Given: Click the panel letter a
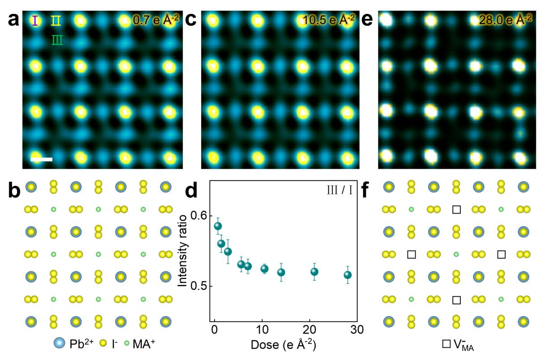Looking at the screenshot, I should coord(13,20).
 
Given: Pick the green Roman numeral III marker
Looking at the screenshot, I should coord(57,41).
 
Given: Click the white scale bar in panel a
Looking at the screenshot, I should coord(41,159).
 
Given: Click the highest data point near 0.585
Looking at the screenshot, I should coord(218,226).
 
